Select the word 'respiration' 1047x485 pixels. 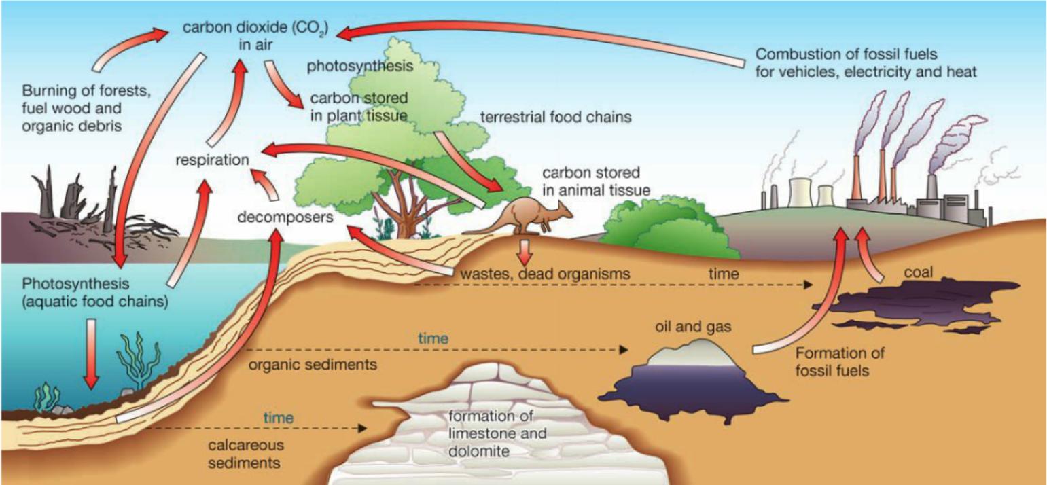pyautogui.click(x=210, y=160)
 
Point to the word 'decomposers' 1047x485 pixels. pyautogui.click(x=285, y=218)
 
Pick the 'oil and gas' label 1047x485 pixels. pyautogui.click(x=693, y=327)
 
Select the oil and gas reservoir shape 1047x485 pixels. pyautogui.click(x=693, y=377)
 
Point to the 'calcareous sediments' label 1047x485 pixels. pyautogui.click(x=246, y=454)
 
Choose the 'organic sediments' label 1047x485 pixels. pyautogui.click(x=313, y=364)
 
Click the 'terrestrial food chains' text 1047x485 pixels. pyautogui.click(x=556, y=117)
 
